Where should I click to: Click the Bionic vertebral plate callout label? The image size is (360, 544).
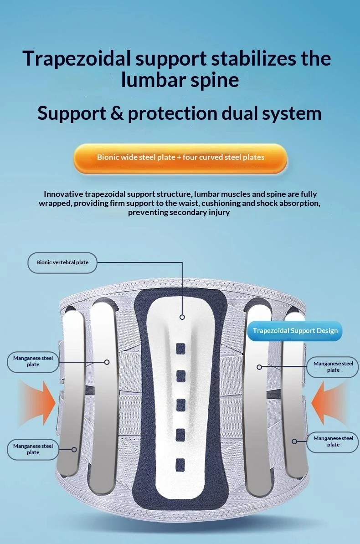pos(62,262)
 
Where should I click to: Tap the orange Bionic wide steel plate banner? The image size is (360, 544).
pos(180,158)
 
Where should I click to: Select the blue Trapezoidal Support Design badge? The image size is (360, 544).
pos(295,331)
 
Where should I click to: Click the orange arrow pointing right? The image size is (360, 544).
pos(38,403)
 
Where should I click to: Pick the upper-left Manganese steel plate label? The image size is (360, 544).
pos(33,361)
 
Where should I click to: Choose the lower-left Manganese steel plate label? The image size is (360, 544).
pos(33,449)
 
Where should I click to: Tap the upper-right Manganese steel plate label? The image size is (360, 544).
pos(333,367)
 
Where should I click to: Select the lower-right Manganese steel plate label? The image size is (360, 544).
pos(333,441)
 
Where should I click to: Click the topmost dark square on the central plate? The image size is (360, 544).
pos(180,349)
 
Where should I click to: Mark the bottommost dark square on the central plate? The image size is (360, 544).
pos(180,465)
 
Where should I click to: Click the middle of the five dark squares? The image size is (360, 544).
pos(180,405)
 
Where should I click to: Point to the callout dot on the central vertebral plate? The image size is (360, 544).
pos(182,317)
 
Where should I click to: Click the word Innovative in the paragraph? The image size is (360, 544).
pos(63,194)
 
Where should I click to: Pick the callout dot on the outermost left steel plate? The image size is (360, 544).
pos(74,450)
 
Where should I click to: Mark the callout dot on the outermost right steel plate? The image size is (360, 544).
pos(294,441)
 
